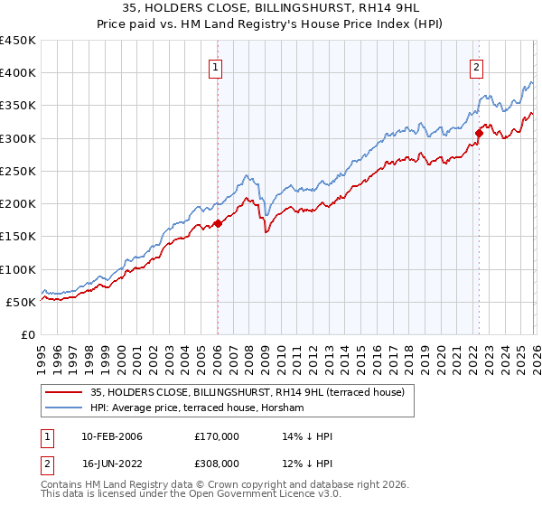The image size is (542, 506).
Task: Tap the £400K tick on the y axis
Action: click(x=18, y=73)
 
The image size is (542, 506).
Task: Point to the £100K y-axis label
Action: click(x=18, y=269)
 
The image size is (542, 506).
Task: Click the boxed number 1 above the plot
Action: click(x=217, y=66)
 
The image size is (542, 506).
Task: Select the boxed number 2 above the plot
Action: click(x=476, y=66)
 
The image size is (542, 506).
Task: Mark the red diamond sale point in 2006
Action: click(x=218, y=224)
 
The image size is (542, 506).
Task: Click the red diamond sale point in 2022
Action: click(x=479, y=134)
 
